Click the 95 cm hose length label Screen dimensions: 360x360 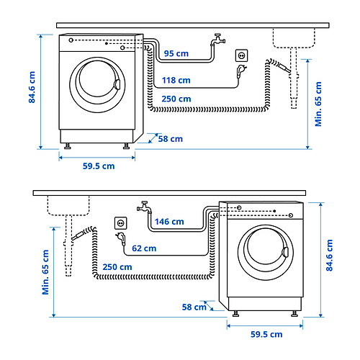[x=176, y=53]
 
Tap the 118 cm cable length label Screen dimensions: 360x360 [x=176, y=80]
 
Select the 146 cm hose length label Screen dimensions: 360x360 [x=169, y=222]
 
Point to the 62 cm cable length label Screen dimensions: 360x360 [x=144, y=248]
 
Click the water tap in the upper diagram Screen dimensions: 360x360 [x=218, y=40]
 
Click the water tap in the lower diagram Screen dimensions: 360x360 [x=144, y=207]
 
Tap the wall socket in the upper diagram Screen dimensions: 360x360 [x=241, y=55]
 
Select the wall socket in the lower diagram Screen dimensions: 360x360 [x=121, y=223]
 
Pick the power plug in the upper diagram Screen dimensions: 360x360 [x=241, y=71]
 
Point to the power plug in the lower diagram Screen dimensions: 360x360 [x=121, y=239]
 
